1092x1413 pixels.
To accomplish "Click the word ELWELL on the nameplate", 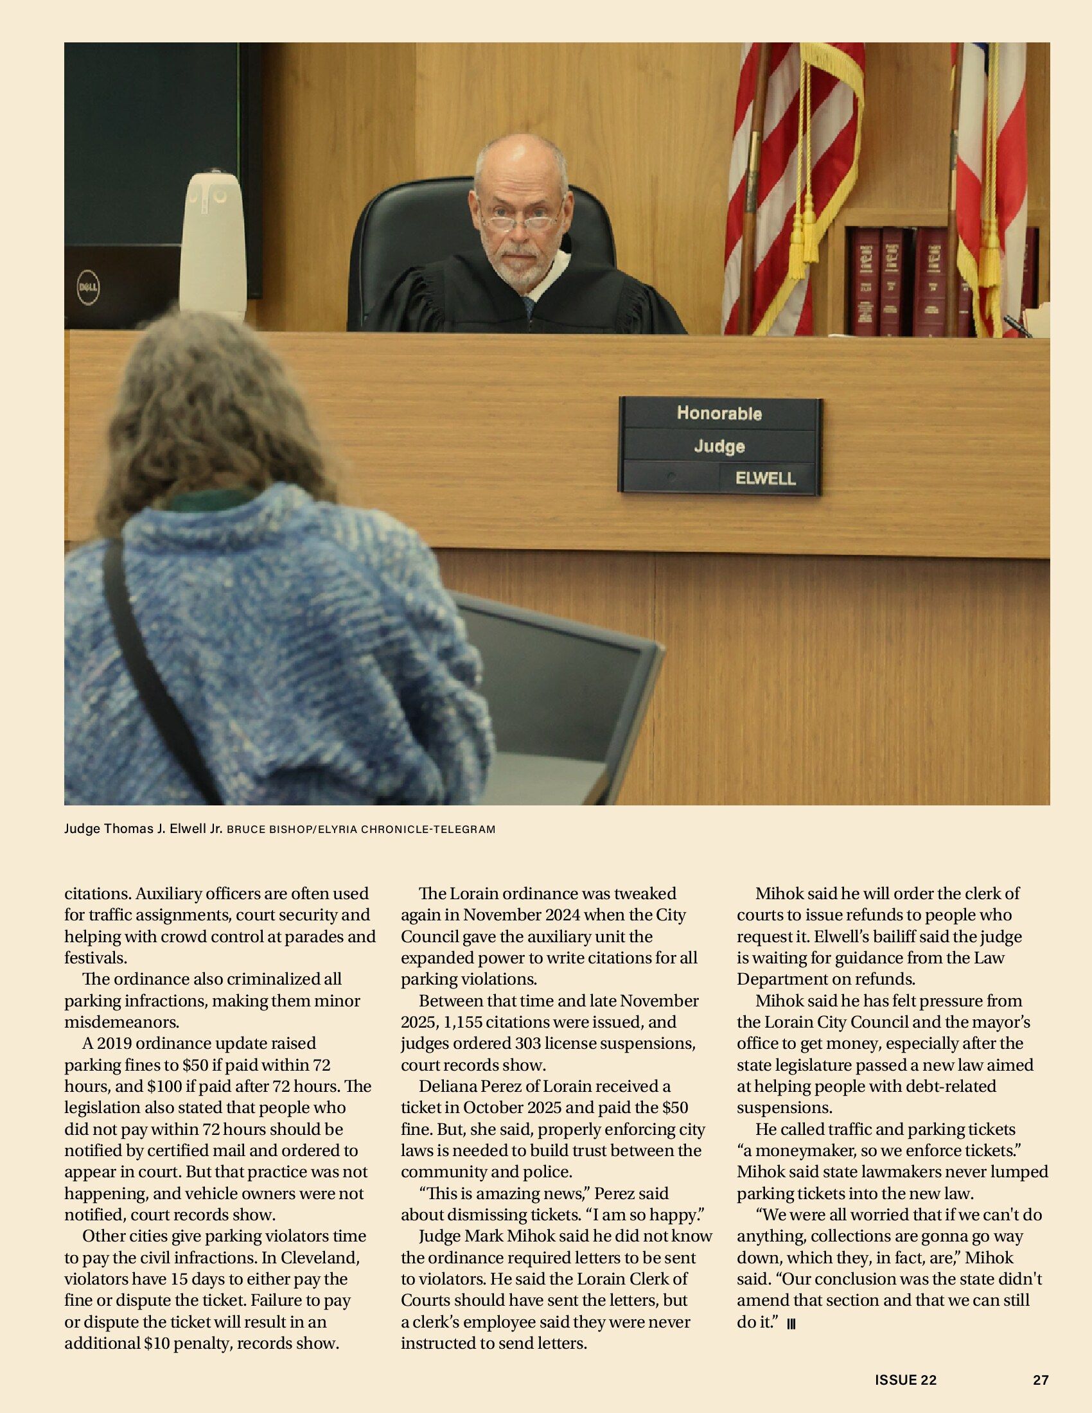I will [765, 478].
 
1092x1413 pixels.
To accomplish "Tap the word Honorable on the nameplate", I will [719, 413].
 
